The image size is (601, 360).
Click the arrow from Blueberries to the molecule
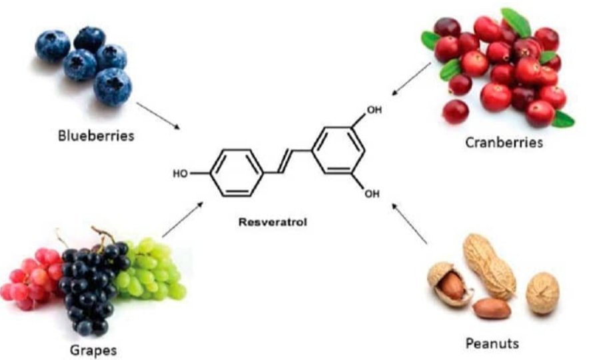click(x=159, y=115)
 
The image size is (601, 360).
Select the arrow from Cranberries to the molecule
click(x=411, y=78)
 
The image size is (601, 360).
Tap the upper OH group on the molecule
click(x=374, y=110)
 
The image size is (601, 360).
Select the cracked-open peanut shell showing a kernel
click(x=448, y=283)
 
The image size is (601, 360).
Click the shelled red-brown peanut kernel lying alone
click(x=492, y=308)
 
